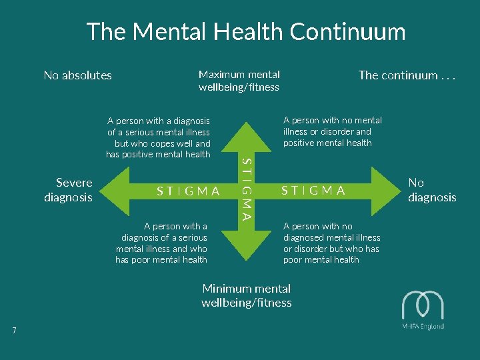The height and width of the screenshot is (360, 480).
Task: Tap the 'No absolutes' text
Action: coord(77,75)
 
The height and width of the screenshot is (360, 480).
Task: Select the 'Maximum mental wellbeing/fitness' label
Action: coord(239,81)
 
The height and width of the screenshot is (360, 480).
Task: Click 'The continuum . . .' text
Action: coord(407,75)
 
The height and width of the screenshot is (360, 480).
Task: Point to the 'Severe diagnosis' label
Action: coord(69,189)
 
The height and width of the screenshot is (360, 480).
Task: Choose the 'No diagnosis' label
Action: coord(431,189)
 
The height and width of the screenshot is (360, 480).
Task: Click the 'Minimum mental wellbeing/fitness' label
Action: coord(246,295)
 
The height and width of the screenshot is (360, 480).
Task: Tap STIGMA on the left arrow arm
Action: coord(188,191)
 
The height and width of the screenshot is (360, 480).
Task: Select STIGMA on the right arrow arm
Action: coord(313,191)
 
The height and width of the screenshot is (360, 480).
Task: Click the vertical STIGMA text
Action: coord(247,189)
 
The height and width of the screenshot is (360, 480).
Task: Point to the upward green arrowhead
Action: coord(247,130)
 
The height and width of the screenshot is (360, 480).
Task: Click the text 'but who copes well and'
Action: coord(162,143)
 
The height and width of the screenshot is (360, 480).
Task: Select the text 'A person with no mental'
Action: coord(333,120)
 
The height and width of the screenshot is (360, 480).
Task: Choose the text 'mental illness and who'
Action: coord(161,249)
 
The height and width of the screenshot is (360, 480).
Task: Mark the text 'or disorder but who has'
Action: coord(331,249)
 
